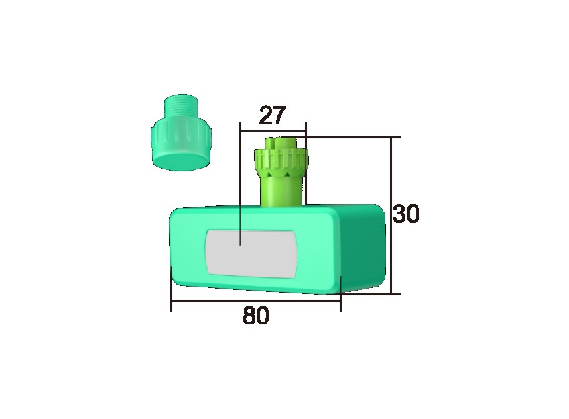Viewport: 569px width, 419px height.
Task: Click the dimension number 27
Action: [x=273, y=115]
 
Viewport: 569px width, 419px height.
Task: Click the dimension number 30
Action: [x=406, y=214]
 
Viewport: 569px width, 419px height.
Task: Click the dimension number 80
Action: [x=256, y=316]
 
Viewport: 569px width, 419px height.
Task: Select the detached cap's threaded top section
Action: [x=181, y=107]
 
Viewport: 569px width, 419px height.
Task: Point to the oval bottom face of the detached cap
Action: [x=181, y=160]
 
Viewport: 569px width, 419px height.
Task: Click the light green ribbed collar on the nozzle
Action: [x=281, y=160]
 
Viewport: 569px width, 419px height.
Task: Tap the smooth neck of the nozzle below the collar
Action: [x=281, y=191]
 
